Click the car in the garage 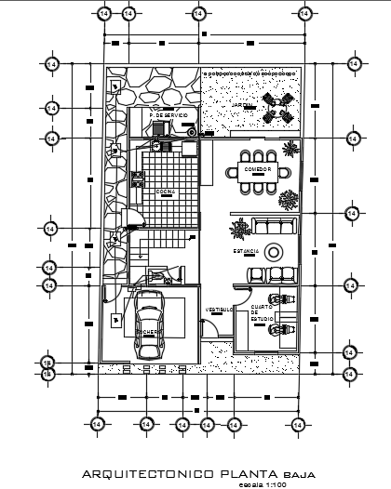tap(147, 324)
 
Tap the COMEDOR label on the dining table tap(258, 170)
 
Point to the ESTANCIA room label tap(247, 251)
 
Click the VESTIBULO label tap(219, 309)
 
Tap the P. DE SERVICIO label tap(169, 115)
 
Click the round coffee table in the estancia tap(275, 252)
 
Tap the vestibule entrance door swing tap(213, 326)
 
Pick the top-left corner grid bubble tap(102, 14)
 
